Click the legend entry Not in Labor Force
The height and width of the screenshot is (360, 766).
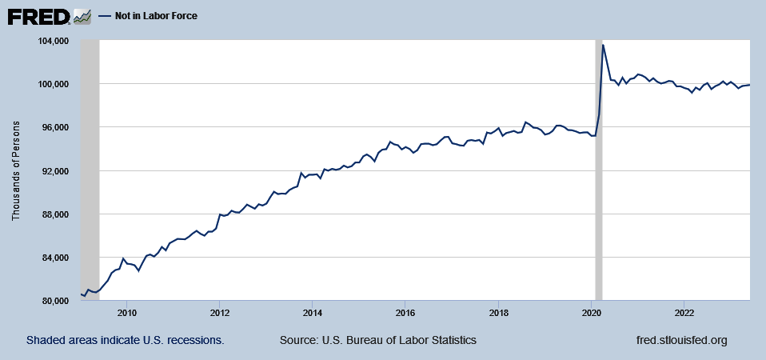(x=150, y=16)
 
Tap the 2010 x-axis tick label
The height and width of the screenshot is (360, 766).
(x=127, y=312)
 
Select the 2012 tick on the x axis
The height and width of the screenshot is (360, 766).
(x=220, y=312)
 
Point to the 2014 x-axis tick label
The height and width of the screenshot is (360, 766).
(x=313, y=312)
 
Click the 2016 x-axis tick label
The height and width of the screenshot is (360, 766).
(x=405, y=312)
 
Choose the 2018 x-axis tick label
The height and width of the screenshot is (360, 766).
(x=498, y=312)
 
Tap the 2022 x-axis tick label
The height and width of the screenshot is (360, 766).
(x=684, y=312)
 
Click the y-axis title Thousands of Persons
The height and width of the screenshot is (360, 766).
(x=16, y=171)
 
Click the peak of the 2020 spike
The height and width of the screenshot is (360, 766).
(x=603, y=45)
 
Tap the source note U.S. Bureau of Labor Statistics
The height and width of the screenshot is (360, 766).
(x=378, y=340)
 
